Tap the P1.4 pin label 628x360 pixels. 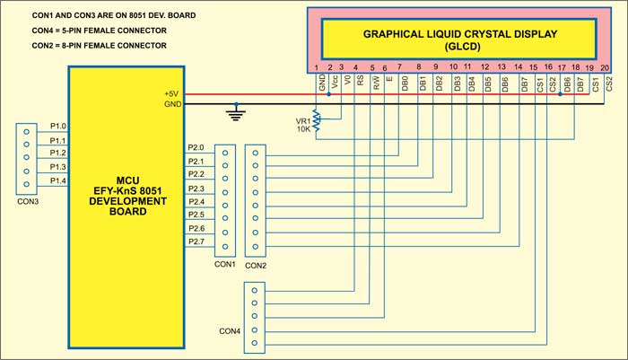pyautogui.click(x=58, y=180)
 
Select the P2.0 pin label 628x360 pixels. pyautogui.click(x=196, y=147)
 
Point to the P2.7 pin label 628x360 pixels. pyautogui.click(x=196, y=242)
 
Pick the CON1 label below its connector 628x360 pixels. pyautogui.click(x=225, y=265)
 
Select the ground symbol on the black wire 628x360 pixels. pyautogui.click(x=237, y=113)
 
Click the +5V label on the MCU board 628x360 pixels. pyautogui.click(x=170, y=93)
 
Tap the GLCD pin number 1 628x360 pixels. pyautogui.click(x=317, y=67)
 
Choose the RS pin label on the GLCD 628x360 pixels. pyautogui.click(x=360, y=81)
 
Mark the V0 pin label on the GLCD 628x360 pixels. pyautogui.click(x=346, y=81)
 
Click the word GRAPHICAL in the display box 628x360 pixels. pyautogui.click(x=398, y=33)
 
